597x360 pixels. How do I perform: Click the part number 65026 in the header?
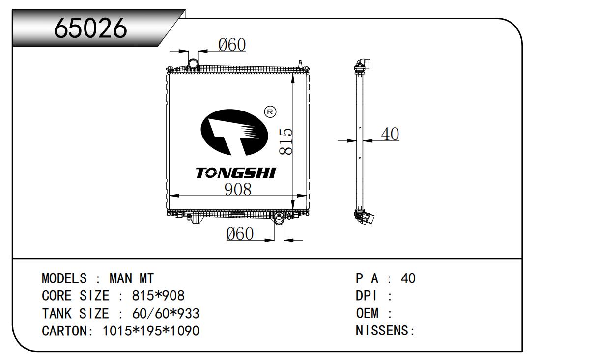[x=91, y=28]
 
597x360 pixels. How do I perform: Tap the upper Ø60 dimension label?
[x=231, y=45]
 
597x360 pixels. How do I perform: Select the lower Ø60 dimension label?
[x=240, y=234]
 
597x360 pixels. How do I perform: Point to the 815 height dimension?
[x=286, y=142]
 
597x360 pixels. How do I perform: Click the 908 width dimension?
[x=238, y=189]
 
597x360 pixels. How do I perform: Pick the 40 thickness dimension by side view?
[x=390, y=134]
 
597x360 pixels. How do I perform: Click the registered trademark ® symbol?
[x=270, y=112]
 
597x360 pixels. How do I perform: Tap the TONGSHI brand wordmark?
[x=236, y=173]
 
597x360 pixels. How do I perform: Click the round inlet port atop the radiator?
[x=193, y=63]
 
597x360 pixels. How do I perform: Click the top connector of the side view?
[x=363, y=66]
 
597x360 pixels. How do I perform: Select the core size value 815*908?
[x=158, y=296]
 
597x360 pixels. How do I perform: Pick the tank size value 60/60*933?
[x=166, y=313]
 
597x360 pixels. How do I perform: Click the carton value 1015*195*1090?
[x=151, y=331]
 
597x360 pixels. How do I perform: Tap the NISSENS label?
[x=385, y=331]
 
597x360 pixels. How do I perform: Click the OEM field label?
[x=373, y=313]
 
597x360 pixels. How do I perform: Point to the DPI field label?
[x=373, y=296]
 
